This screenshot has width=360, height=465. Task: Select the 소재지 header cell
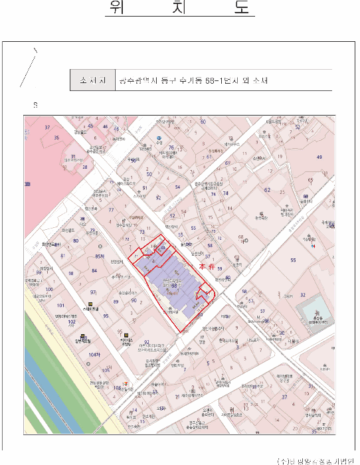(x=93, y=81)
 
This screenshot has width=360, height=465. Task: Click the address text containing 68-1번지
(x=193, y=81)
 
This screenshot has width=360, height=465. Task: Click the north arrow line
(x=29, y=66)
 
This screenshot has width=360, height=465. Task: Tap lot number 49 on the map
(x=319, y=157)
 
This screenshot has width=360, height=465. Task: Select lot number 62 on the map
(x=267, y=190)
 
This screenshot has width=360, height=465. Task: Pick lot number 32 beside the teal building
(x=303, y=294)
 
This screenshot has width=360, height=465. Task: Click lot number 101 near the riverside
(x=60, y=306)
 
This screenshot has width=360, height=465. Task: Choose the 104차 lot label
(x=94, y=355)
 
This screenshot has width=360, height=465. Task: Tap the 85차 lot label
(x=100, y=256)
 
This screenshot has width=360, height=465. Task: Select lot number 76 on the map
(x=171, y=148)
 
